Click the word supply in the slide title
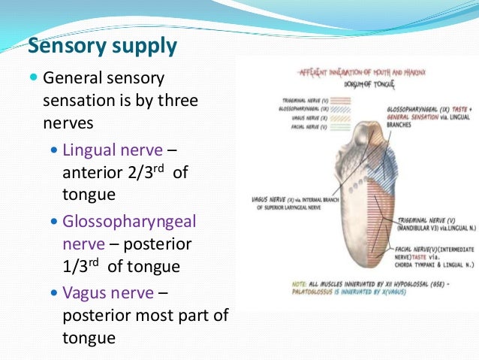[x=143, y=47]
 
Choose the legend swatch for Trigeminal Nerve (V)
[x=342, y=100]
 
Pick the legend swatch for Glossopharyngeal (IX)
[x=342, y=109]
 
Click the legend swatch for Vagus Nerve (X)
[x=342, y=118]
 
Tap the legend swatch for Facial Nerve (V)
[x=342, y=127]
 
